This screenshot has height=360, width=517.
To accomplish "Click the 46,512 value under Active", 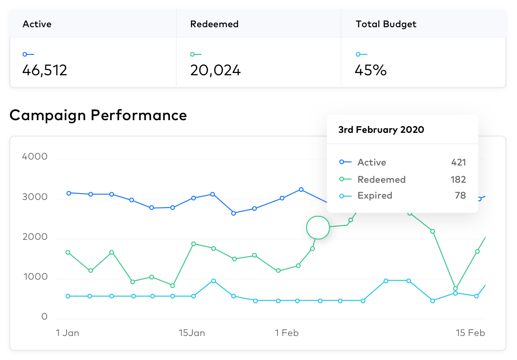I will pos(45,70).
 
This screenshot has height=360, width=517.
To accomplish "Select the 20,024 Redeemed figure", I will pos(215,70).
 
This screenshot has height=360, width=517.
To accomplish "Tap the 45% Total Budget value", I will pos(371,70).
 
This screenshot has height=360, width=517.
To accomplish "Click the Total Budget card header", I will pos(386,24).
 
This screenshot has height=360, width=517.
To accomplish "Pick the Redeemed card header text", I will pos(215,24).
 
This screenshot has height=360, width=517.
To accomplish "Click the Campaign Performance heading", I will pos(98,115).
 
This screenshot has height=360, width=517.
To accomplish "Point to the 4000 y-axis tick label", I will pos(34,157).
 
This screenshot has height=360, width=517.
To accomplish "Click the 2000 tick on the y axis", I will pos(35,237).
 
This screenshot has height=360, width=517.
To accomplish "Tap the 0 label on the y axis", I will pos(44,316).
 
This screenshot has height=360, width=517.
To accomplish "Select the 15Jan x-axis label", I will pos(192,333).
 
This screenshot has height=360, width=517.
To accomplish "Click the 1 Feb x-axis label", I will pos(287,333).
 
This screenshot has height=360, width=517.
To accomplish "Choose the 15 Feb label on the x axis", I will pos(470,333).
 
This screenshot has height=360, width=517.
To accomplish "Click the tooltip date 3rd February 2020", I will pos(381,130).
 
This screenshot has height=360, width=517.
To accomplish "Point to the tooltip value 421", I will pos(458,162).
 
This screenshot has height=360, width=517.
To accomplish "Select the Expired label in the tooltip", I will pos(375,195).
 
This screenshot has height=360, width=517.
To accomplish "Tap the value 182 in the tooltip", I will pos(458,180).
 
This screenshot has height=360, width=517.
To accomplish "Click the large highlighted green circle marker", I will pos(318,227).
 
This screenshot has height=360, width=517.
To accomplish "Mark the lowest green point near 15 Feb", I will pos(455,288).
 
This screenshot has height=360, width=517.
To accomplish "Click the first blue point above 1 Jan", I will pos(68,193).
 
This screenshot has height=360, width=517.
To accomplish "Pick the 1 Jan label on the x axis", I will pos(68,333).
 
